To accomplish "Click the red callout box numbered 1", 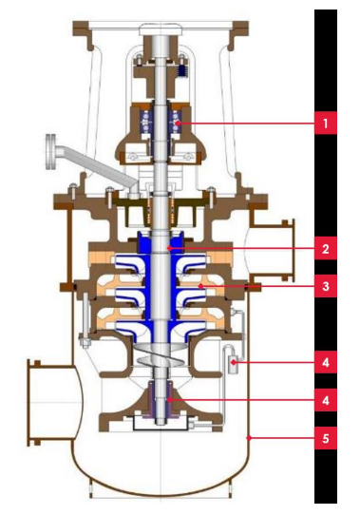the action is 326,124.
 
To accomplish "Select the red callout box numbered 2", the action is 326,249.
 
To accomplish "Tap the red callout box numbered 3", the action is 326,286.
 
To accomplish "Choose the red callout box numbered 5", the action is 326,438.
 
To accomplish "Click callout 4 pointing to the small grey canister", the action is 326,362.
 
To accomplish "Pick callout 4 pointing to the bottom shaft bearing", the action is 326,400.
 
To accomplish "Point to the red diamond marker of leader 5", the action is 249,438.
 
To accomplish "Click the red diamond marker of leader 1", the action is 178,124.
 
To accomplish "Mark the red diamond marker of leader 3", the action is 199,286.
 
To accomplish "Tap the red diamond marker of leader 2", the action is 169,249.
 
